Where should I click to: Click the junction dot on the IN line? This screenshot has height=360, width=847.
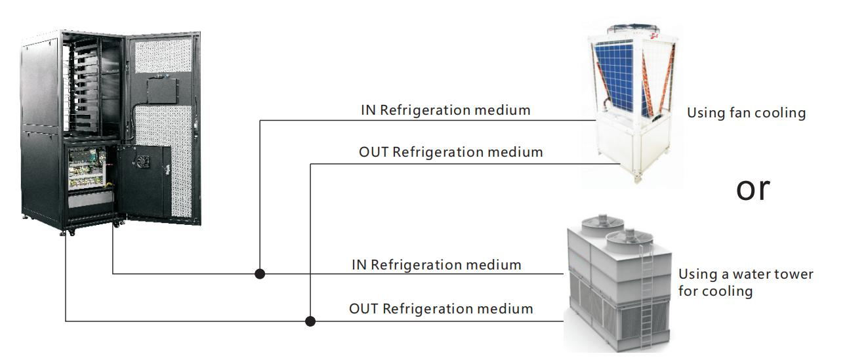[x=260, y=273]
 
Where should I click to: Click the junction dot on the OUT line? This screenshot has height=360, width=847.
[x=311, y=321]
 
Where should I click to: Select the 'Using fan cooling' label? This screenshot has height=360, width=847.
[x=746, y=113]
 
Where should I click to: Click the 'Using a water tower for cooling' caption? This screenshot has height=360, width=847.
[x=745, y=282]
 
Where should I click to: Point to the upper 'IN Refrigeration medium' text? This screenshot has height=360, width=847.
[x=445, y=110]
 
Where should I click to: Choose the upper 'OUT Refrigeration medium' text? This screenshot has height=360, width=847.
[x=451, y=152]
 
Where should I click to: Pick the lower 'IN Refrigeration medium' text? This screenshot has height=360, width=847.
[x=436, y=265]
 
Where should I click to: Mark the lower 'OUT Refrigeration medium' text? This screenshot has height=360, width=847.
[x=441, y=308]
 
